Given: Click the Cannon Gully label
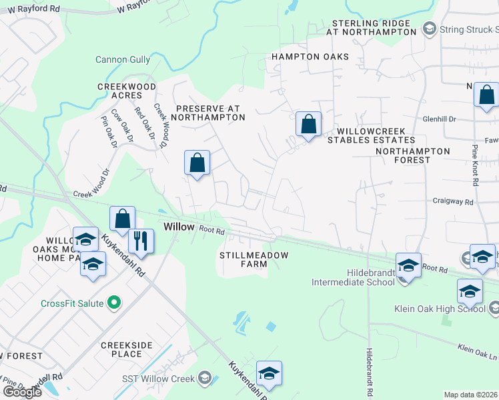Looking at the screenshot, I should click(x=123, y=59).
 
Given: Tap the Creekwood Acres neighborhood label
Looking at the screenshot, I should click(x=127, y=91).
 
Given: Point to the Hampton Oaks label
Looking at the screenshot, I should click(x=310, y=57).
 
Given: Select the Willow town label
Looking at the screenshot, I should click(x=179, y=227).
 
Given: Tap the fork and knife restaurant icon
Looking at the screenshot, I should click(x=141, y=241).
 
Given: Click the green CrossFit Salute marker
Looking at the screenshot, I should click(x=113, y=303).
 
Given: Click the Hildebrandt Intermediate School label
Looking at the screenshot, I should click(x=353, y=277).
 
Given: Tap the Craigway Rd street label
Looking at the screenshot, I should click(x=452, y=201).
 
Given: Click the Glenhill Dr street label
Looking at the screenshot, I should click(x=439, y=119).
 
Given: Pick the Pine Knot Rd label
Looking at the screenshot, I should click(x=475, y=166).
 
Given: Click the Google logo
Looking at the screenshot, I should click(x=22, y=391).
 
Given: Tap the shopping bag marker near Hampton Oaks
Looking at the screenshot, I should click(x=308, y=124).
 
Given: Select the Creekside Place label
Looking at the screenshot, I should click(x=127, y=349).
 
